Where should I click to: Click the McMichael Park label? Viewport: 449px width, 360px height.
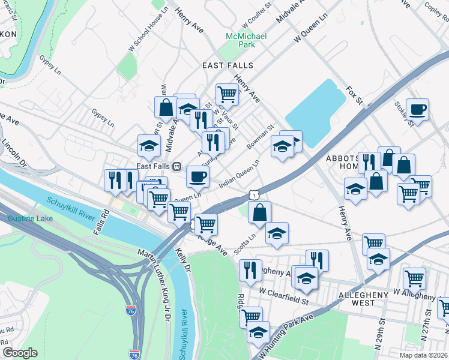coord(245,40)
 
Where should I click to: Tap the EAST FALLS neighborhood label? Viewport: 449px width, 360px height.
coord(228,65)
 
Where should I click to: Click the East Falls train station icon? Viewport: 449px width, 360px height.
coord(176,166)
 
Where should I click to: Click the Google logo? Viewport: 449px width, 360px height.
coord(20,353)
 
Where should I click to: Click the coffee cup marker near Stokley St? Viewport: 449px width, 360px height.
coord(417,110)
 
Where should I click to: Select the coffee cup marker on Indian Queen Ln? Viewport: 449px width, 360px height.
coord(197,176)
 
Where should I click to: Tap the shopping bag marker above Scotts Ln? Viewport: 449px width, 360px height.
coord(260,212)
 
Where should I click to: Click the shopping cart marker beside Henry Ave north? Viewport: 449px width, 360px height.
coord(227,94)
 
